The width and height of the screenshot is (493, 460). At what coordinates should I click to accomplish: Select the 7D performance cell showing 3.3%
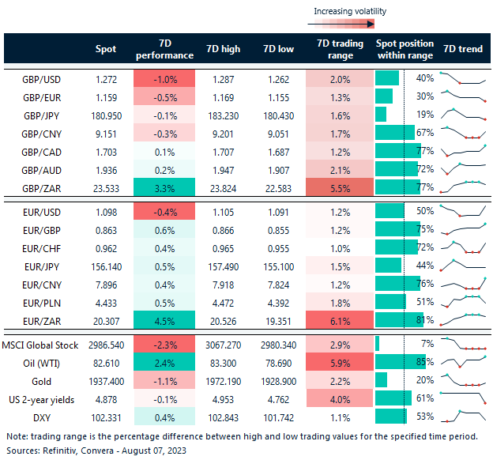pyautogui.click(x=164, y=188)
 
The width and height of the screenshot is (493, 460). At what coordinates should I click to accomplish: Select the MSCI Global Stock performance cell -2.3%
pyautogui.click(x=164, y=343)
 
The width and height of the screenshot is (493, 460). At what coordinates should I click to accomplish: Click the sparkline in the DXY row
pyautogui.click(x=463, y=417)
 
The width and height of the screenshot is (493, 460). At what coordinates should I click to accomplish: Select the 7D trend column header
pyautogui.click(x=463, y=49)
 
